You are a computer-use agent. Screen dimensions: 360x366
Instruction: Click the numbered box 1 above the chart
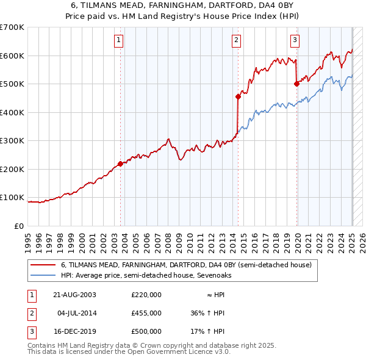click(x=118, y=41)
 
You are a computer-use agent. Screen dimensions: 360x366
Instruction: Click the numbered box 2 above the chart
click(x=236, y=41)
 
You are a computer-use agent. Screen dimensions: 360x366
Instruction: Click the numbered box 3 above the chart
click(x=295, y=41)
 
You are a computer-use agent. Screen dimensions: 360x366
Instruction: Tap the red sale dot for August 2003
click(x=121, y=164)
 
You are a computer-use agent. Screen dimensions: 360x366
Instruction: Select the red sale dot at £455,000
click(x=238, y=96)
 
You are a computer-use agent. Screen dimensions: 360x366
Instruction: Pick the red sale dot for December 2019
click(x=296, y=84)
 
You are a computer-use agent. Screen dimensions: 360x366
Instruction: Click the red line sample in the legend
click(x=43, y=265)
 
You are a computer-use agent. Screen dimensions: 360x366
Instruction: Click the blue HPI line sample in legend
click(x=43, y=275)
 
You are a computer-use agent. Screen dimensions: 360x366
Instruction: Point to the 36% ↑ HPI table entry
click(x=207, y=313)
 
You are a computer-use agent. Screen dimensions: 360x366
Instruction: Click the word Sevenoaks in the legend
click(x=213, y=275)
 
